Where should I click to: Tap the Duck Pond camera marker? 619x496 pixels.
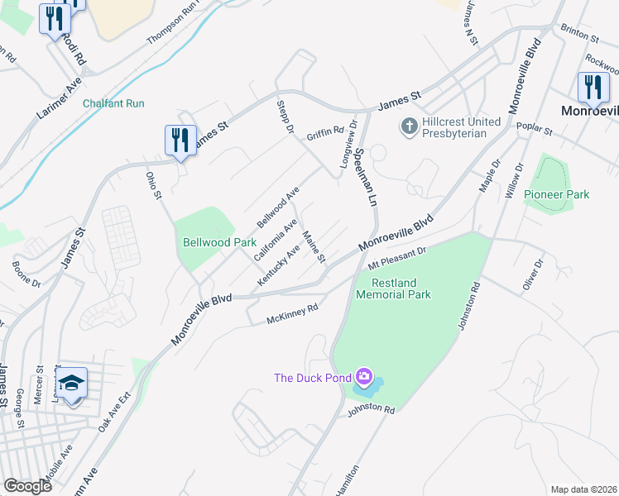click(362, 378)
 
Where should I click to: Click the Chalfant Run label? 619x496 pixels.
click(113, 103)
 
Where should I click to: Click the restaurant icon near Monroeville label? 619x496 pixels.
click(593, 86)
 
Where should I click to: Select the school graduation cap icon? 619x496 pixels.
click(71, 382)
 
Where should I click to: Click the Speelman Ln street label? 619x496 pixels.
click(365, 178)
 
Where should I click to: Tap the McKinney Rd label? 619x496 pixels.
click(292, 315)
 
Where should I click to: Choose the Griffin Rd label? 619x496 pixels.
click(324, 132)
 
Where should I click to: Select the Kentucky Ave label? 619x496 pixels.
click(278, 266)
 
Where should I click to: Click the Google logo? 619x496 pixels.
click(27, 486)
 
